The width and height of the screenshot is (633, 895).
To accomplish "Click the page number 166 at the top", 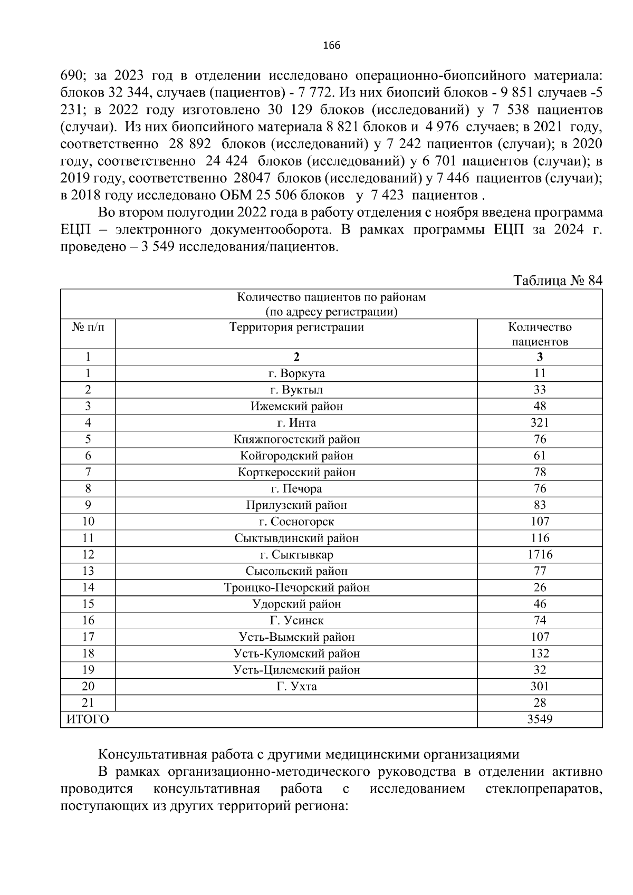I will pyautogui.click(x=331, y=45).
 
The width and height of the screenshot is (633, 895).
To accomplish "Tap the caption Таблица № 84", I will pyautogui.click(x=558, y=280).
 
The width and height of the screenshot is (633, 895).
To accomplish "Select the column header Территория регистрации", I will pyautogui.click(x=296, y=327).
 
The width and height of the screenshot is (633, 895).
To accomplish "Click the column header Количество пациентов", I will pyautogui.click(x=540, y=334).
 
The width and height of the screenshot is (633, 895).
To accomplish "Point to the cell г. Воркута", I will pyautogui.click(x=296, y=373).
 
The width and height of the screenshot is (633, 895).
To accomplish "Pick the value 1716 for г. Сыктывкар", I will pyautogui.click(x=540, y=554).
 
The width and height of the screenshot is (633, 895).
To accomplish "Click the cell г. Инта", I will pyautogui.click(x=296, y=422).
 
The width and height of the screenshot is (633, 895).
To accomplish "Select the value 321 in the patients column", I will pyautogui.click(x=540, y=422).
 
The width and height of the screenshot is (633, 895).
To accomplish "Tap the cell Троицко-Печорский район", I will pyautogui.click(x=296, y=588).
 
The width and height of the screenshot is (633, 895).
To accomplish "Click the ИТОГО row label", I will pyautogui.click(x=88, y=719).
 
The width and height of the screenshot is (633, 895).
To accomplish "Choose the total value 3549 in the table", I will pyautogui.click(x=540, y=719).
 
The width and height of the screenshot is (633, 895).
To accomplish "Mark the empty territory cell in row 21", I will pyautogui.click(x=296, y=702).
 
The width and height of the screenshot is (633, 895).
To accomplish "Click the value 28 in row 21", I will pyautogui.click(x=540, y=702).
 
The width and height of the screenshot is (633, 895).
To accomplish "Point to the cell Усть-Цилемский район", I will pyautogui.click(x=296, y=670).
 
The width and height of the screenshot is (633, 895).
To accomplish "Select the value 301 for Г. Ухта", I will pyautogui.click(x=540, y=686).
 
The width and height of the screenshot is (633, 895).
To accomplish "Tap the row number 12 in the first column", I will pyautogui.click(x=88, y=554).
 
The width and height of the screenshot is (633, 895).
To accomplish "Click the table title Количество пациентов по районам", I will pyautogui.click(x=331, y=297).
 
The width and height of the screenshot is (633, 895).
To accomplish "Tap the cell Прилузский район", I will pyautogui.click(x=296, y=505).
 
